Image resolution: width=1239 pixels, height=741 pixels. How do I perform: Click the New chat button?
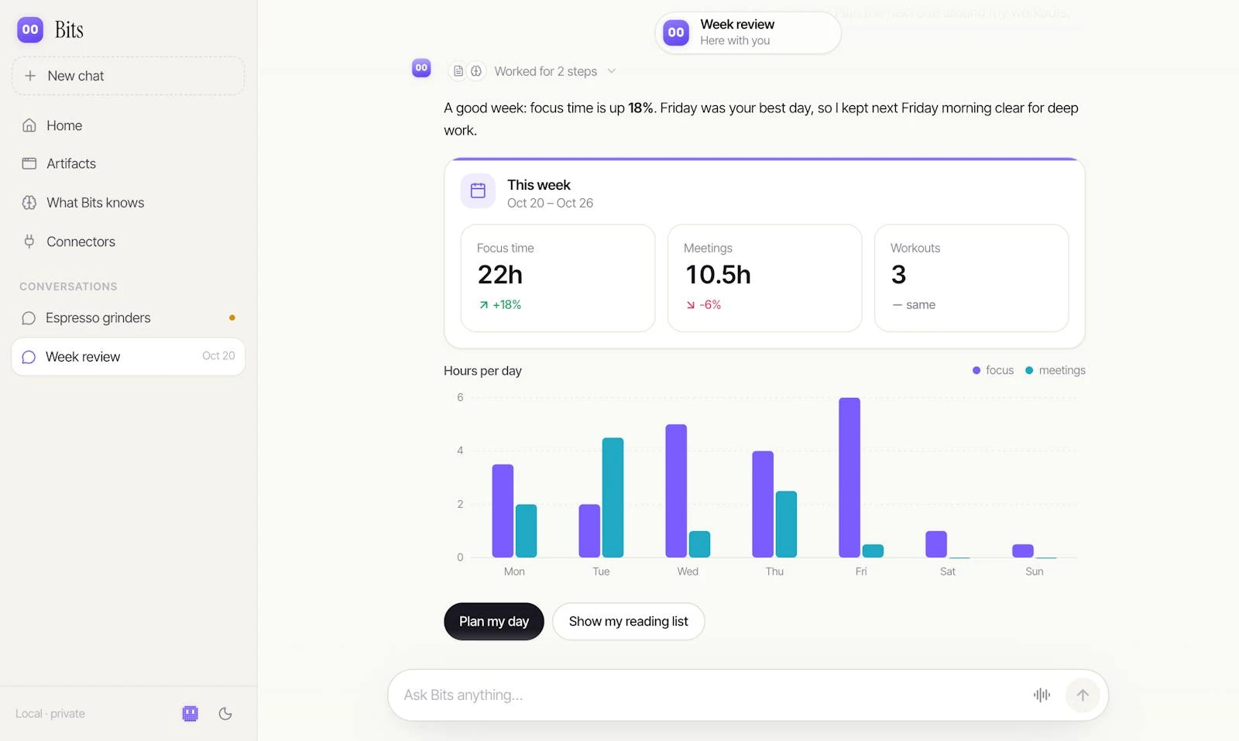(x=128, y=76)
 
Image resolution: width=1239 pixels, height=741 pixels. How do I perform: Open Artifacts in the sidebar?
(x=71, y=163)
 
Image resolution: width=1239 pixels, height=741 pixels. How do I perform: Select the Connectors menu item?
(x=81, y=242)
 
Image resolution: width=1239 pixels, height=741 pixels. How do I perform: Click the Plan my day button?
(x=494, y=622)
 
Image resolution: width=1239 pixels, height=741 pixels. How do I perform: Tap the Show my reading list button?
(x=628, y=622)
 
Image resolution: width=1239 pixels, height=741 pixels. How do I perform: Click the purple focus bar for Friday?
(x=849, y=478)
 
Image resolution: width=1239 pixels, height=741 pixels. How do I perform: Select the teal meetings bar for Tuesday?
(x=613, y=498)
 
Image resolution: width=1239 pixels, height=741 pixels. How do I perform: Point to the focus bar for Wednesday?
(x=676, y=491)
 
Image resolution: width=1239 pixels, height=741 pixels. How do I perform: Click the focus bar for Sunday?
(x=1023, y=551)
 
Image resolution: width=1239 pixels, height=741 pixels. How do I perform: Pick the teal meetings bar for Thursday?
(x=786, y=524)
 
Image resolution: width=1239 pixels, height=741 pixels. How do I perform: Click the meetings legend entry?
(x=1055, y=370)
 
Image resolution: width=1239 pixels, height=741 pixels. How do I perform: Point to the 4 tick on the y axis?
(x=460, y=451)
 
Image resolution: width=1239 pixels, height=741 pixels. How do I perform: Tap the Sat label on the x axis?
(x=948, y=571)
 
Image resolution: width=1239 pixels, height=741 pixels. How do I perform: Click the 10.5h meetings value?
(x=718, y=275)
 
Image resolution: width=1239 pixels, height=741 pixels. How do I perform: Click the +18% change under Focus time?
(x=500, y=305)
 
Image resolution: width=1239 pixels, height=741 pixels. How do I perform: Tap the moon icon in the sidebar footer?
(x=225, y=714)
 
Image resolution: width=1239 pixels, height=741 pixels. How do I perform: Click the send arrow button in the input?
(x=1083, y=695)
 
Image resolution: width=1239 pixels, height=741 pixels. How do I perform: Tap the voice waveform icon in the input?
(x=1042, y=695)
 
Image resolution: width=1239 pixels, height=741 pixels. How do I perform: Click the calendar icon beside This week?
(x=478, y=190)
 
